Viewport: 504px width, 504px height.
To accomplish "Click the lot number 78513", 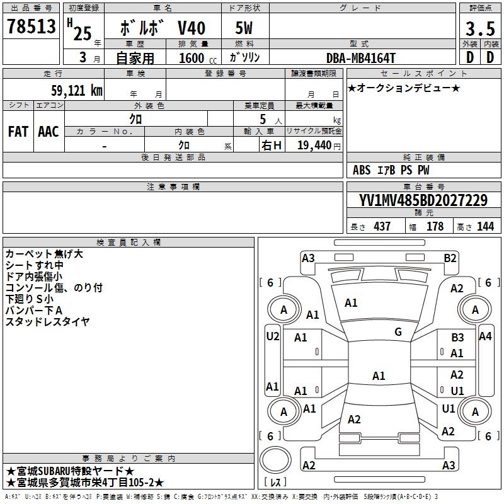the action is (31, 28).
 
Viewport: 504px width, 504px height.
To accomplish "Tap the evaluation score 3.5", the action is (479, 30).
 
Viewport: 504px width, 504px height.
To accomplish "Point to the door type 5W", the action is (244, 29).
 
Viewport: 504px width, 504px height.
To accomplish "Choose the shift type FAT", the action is (18, 132).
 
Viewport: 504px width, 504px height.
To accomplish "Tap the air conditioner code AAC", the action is (49, 132).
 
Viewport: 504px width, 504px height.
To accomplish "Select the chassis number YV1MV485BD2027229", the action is (423, 201).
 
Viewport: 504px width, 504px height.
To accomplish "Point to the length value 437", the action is (382, 227).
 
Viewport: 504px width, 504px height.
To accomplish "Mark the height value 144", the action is (485, 227).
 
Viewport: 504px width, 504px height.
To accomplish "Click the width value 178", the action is (435, 227).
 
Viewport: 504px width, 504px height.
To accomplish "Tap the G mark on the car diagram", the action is (398, 332).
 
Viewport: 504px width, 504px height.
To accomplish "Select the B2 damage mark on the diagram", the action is (450, 258).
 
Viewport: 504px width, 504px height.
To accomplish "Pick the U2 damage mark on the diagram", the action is (272, 336).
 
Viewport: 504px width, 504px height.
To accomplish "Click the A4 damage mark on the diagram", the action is (484, 336).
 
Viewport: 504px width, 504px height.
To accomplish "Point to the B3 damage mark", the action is (457, 338).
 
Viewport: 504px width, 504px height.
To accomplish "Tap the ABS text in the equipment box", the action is (362, 170).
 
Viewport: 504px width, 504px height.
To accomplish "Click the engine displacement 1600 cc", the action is (193, 59).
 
